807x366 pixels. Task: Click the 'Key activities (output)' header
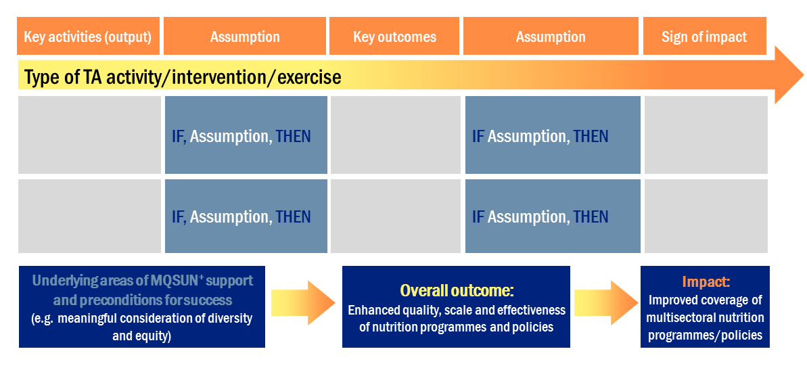(x=87, y=37)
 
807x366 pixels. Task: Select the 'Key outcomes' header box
(x=394, y=37)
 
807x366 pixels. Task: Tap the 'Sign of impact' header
(x=704, y=37)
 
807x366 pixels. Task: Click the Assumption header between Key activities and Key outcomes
(x=245, y=37)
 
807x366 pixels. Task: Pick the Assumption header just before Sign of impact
(x=551, y=37)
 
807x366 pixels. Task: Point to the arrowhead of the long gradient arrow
(x=788, y=75)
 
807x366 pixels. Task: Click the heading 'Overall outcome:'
(x=457, y=290)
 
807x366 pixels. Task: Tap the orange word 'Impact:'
(x=706, y=282)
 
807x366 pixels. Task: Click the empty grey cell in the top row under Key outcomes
(x=396, y=135)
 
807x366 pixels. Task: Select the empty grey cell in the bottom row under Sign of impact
(x=706, y=216)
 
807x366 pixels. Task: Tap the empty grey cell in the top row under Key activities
(x=89, y=135)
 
